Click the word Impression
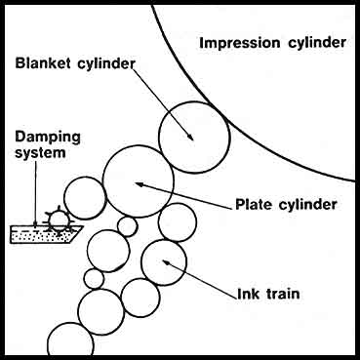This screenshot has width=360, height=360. (x=240, y=43)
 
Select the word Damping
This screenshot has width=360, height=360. (x=48, y=138)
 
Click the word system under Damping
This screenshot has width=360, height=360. (x=40, y=152)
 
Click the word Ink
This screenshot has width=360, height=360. (x=248, y=294)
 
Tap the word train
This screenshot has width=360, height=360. (x=283, y=294)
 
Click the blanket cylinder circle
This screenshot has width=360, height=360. (x=194, y=101)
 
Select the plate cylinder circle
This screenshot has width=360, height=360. (x=139, y=145)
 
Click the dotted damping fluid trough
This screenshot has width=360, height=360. (x=46, y=235)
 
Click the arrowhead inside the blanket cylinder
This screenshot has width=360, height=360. (x=190, y=137)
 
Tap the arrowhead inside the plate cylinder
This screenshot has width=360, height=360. (x=140, y=184)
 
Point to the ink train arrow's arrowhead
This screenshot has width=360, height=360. (x=167, y=262)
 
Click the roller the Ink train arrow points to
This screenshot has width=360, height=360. (x=164, y=240)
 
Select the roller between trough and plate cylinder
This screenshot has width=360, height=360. (x=85, y=178)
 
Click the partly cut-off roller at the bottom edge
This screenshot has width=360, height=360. (x=70, y=323)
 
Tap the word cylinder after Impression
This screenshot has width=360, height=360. (x=317, y=43)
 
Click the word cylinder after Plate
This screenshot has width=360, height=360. (x=308, y=205)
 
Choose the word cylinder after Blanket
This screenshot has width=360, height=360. (x=106, y=63)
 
